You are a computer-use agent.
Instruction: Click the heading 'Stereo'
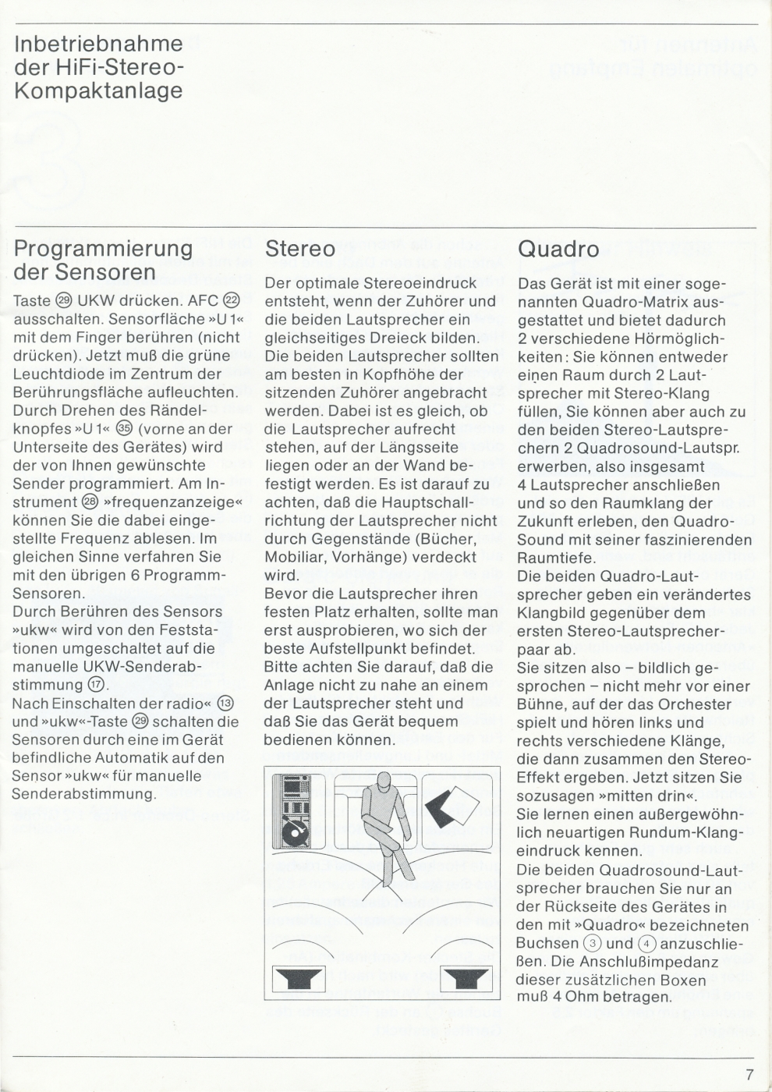(300, 249)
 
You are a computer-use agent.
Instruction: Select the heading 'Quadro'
(558, 249)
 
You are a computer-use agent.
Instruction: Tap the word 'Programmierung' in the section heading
(103, 250)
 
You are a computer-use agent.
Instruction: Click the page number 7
(749, 1074)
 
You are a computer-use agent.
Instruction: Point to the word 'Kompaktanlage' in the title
(98, 90)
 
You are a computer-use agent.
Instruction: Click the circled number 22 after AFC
(232, 301)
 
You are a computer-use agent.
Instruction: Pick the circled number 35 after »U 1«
(124, 429)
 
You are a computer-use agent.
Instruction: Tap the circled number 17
(97, 686)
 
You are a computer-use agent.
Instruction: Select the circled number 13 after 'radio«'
(225, 704)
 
